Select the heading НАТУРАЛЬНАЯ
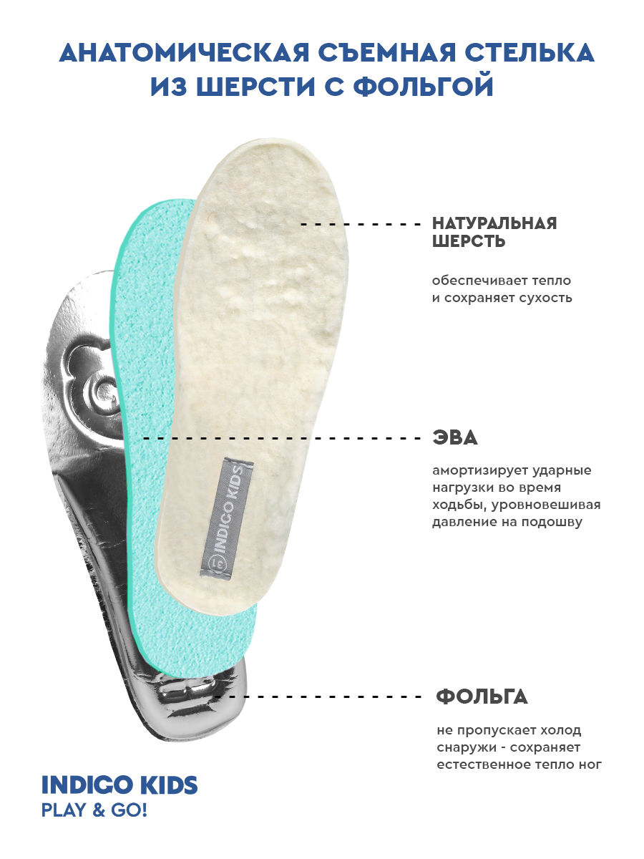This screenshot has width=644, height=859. pyautogui.click(x=494, y=223)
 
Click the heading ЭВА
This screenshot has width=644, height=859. pyautogui.click(x=454, y=437)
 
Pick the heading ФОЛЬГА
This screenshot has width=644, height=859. pyautogui.click(x=482, y=696)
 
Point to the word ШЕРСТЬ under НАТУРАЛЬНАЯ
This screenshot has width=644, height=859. pyautogui.click(x=469, y=241)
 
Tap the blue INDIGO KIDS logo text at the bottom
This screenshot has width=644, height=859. pyautogui.click(x=119, y=785)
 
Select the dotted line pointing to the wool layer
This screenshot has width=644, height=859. pyautogui.click(x=361, y=224)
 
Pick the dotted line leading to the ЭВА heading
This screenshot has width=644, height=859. pyautogui.click(x=283, y=437)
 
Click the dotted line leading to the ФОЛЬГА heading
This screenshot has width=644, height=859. pyautogui.click(x=322, y=696)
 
